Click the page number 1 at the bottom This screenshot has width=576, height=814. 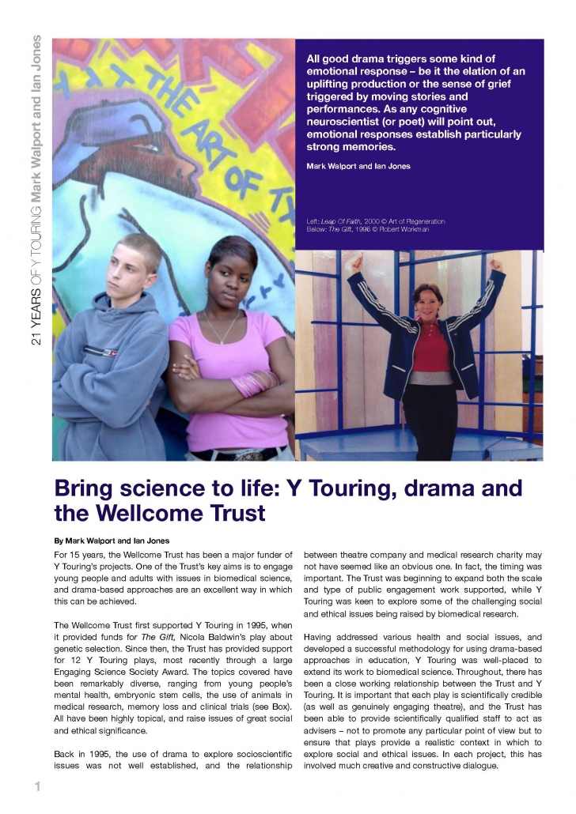tap(36, 786)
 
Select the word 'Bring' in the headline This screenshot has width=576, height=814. tap(84, 488)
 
